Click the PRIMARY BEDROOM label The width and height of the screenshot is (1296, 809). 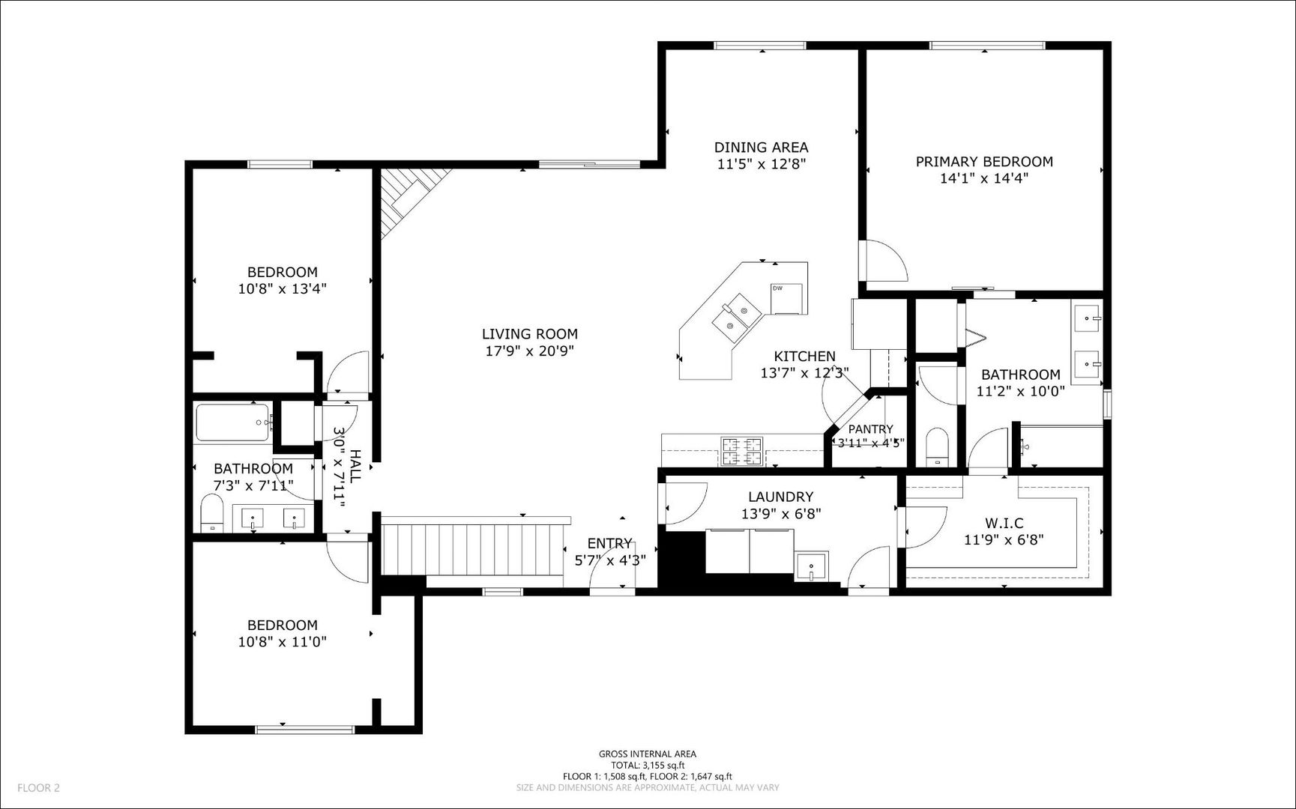click(x=984, y=161)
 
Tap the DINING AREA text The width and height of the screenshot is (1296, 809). click(x=761, y=148)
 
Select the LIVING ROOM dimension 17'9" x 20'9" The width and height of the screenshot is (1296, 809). click(x=529, y=351)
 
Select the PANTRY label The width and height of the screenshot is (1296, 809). click(x=870, y=429)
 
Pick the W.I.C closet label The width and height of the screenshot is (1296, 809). click(x=1004, y=523)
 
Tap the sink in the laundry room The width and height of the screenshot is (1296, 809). click(x=812, y=565)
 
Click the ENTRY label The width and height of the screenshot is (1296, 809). click(x=609, y=543)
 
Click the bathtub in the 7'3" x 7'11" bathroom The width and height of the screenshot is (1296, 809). click(x=234, y=423)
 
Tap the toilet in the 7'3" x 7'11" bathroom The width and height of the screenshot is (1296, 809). click(x=213, y=514)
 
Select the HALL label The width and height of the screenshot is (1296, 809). click(x=355, y=464)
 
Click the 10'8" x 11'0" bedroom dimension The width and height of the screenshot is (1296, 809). click(x=282, y=642)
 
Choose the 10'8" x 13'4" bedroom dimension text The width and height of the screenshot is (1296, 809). click(x=282, y=288)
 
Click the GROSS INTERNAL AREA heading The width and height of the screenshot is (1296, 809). click(x=647, y=754)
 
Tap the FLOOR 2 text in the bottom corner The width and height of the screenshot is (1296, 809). click(x=38, y=787)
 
